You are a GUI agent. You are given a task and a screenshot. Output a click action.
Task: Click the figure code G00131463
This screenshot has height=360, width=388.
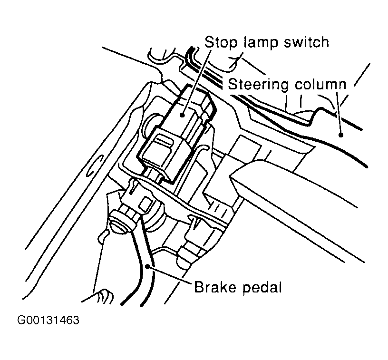click(x=48, y=320)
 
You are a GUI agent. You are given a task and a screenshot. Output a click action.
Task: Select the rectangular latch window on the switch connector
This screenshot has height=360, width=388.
click(x=163, y=141)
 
